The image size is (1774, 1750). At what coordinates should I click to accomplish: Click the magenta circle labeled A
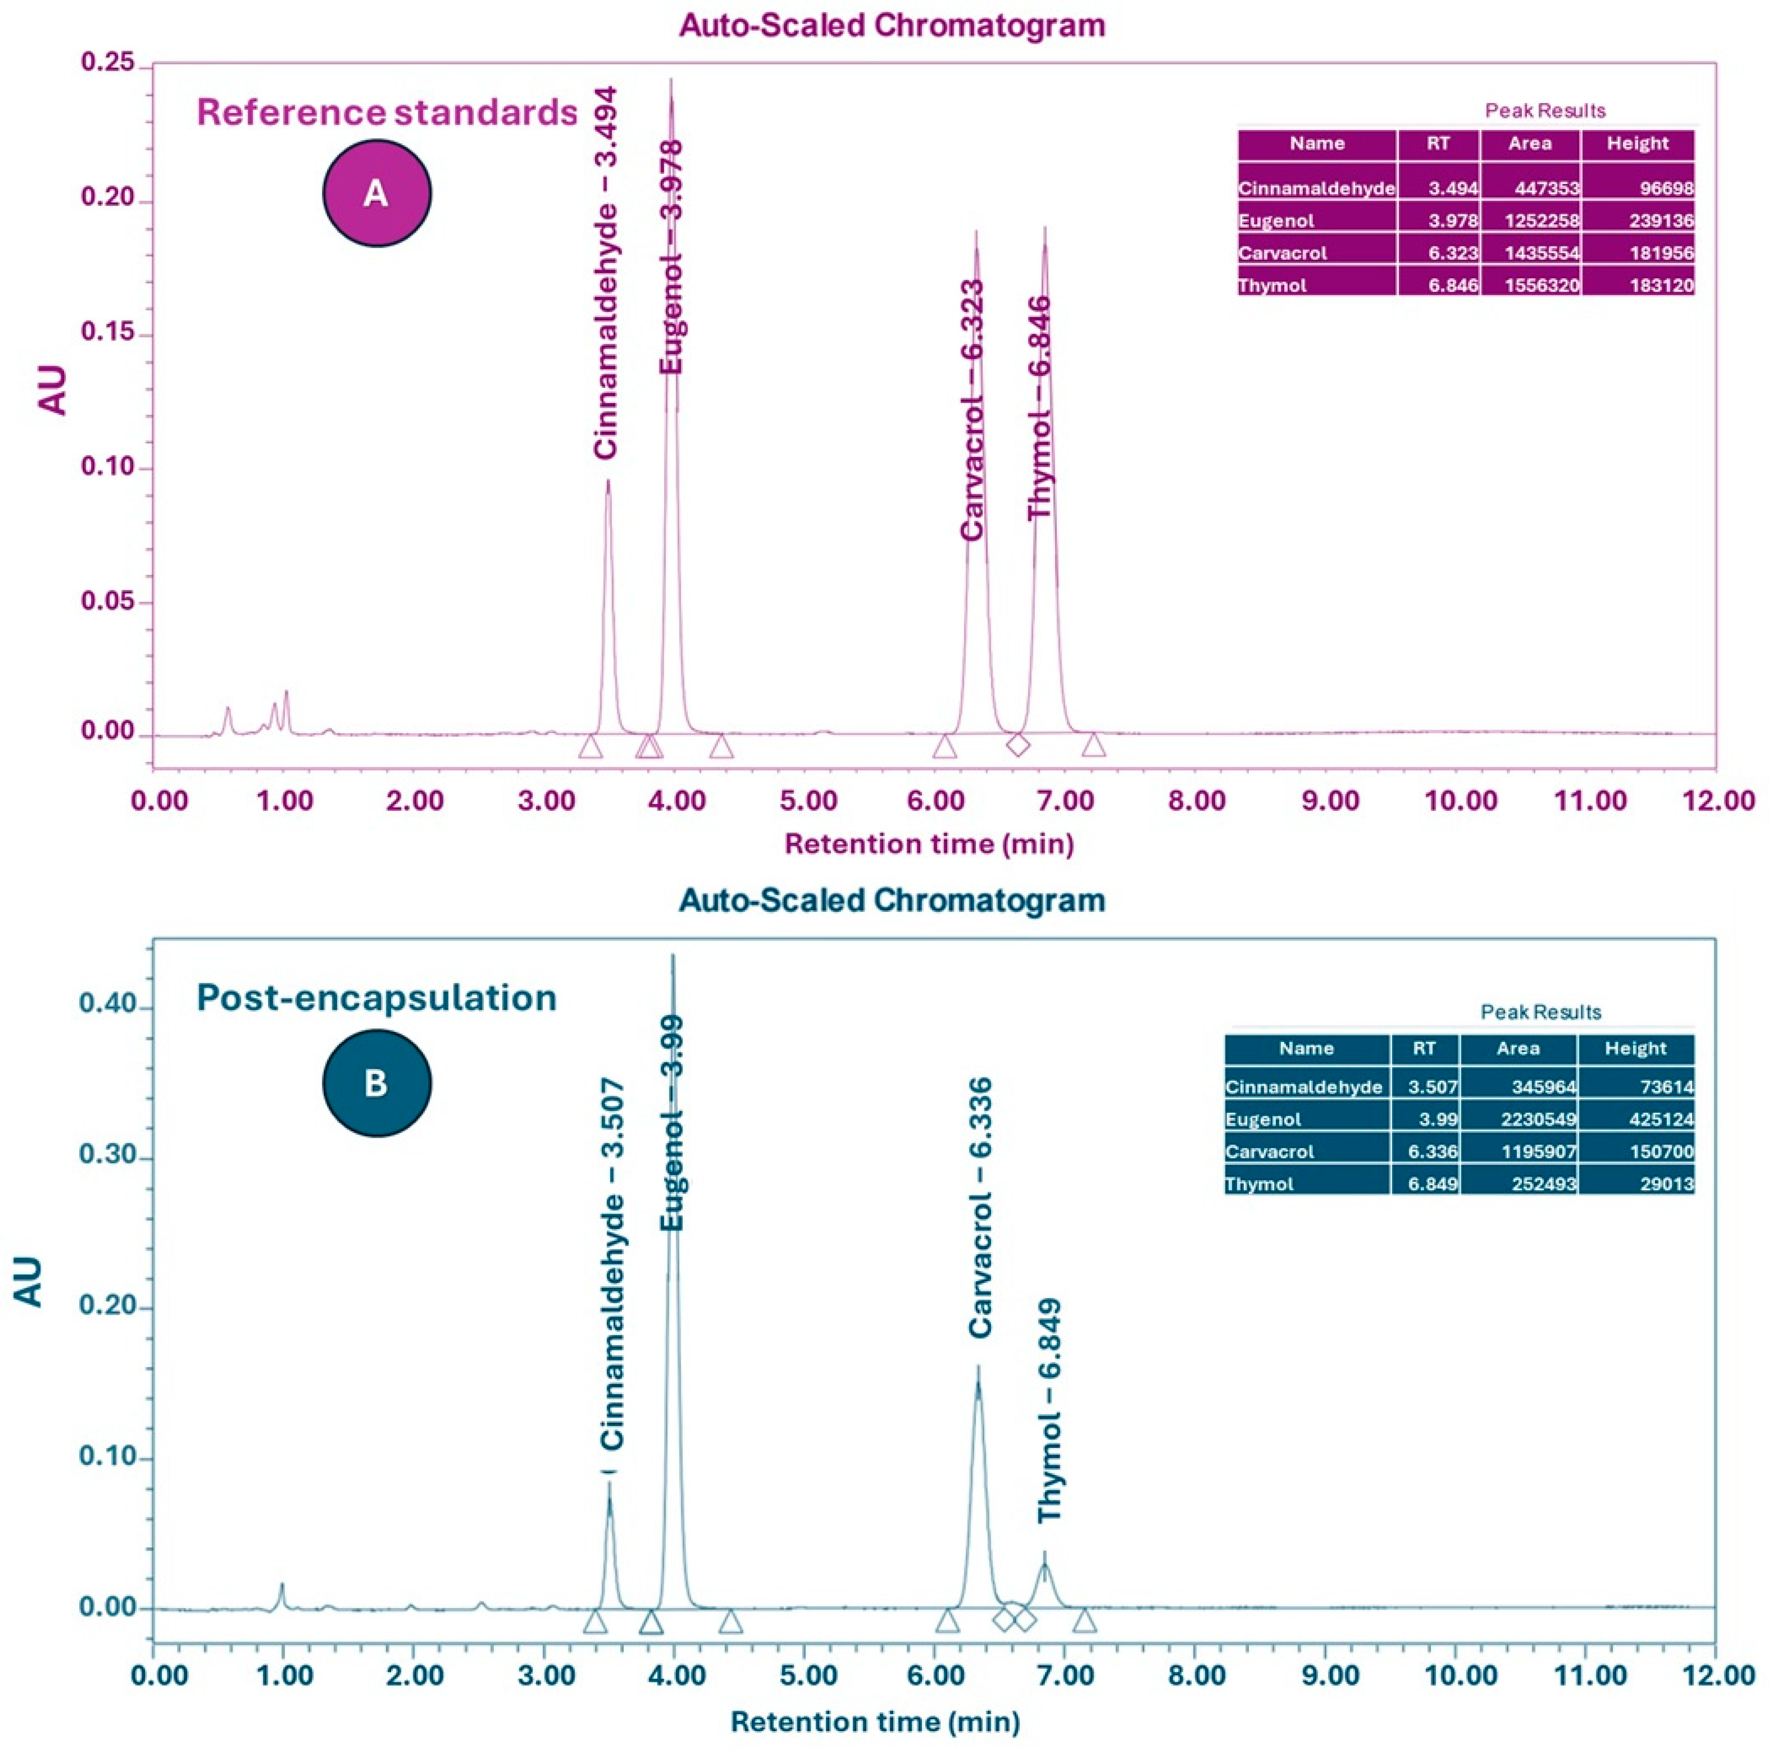point(376,193)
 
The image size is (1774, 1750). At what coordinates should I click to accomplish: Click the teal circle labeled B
point(376,1084)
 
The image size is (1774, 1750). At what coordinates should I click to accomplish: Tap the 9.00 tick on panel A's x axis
point(1329,800)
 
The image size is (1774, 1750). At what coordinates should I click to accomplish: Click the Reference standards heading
point(387,112)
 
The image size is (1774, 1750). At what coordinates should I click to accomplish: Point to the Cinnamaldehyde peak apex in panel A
point(608,481)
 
